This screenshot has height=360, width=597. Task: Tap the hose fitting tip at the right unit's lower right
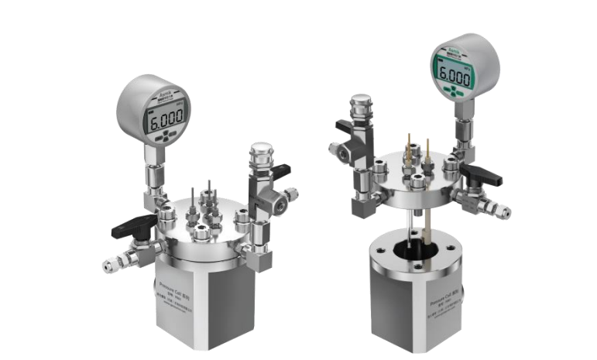(x=504, y=211)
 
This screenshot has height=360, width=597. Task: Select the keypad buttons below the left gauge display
(x=167, y=139)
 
